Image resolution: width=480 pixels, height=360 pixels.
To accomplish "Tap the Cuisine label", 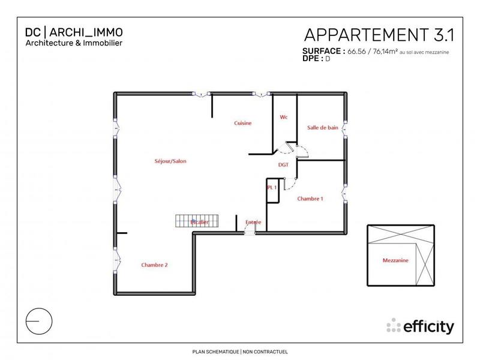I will (x=242, y=123).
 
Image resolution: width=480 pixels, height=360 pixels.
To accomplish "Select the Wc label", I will (x=284, y=117).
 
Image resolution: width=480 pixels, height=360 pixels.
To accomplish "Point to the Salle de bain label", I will (x=323, y=127).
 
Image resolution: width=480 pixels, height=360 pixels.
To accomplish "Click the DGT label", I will (x=284, y=164).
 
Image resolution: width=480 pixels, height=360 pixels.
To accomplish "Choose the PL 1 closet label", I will (x=271, y=187).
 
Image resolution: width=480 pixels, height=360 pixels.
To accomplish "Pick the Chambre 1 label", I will (x=310, y=199).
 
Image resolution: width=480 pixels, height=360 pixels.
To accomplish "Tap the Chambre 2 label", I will (x=154, y=265).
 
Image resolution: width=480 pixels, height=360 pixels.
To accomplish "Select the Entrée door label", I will (x=253, y=222).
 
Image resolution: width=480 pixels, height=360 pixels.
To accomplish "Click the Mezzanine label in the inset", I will (x=395, y=261).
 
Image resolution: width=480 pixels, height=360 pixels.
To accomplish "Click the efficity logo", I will (x=421, y=326).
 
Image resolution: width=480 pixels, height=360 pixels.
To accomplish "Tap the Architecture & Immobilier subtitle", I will (x=74, y=43).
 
